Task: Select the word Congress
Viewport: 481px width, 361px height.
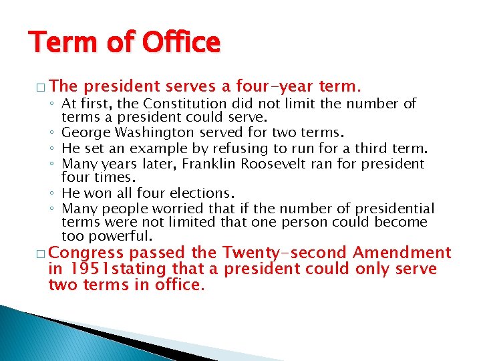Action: pyautogui.click(x=87, y=253)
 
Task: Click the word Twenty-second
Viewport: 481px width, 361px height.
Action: pyautogui.click(x=285, y=253)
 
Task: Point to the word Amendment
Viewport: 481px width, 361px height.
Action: pyautogui.click(x=402, y=253)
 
